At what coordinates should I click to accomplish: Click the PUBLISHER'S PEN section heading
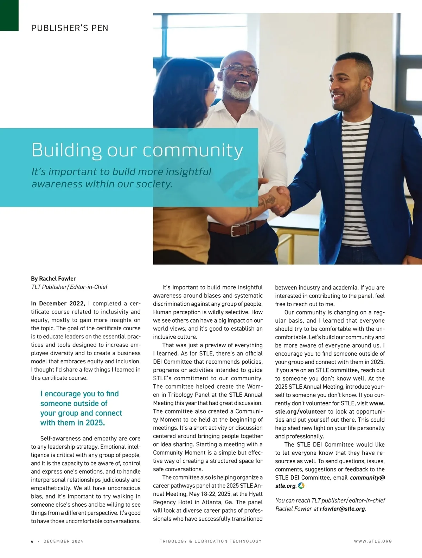[70, 28]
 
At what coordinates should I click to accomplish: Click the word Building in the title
[66, 150]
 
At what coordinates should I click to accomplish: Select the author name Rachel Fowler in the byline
[57, 279]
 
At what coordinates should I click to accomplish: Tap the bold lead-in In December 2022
[58, 304]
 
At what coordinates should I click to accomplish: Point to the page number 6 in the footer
[32, 541]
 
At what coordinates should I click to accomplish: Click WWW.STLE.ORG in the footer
[373, 541]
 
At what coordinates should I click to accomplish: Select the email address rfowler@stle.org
[342, 509]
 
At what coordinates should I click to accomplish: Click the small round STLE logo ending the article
[301, 486]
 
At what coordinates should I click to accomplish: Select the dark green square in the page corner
[9, 15]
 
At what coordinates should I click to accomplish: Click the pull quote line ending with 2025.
[72, 423]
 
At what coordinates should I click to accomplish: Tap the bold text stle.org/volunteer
[301, 411]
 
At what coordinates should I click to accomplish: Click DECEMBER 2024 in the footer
[63, 541]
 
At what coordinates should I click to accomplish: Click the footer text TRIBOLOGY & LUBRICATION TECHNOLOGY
[211, 541]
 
